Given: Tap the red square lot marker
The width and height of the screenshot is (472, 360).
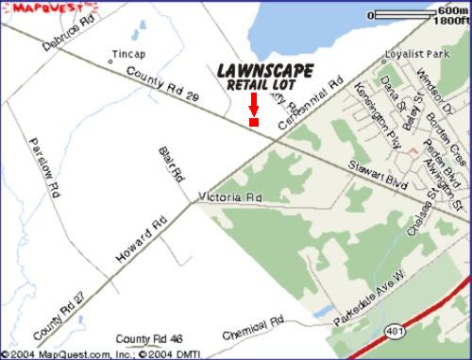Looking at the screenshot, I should (253, 121).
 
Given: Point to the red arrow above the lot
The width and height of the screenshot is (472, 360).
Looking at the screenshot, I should (253, 103).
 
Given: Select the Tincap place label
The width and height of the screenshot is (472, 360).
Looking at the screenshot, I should (128, 54).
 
